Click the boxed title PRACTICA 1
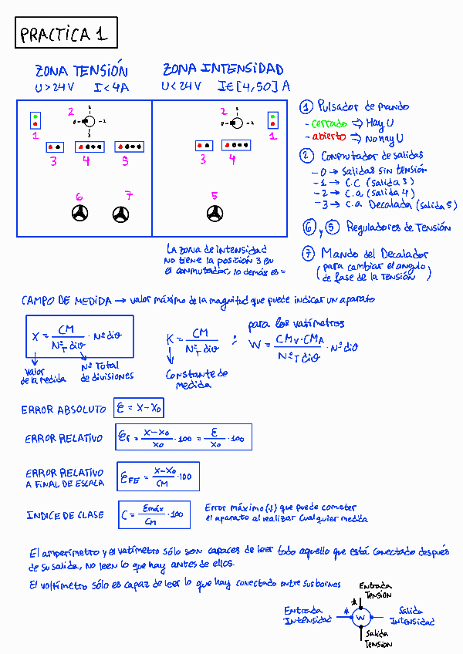[x=65, y=34]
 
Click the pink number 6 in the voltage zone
[x=79, y=197]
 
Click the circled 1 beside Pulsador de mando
[x=306, y=107]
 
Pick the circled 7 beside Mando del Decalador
[x=308, y=253]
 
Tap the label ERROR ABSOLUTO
[x=65, y=410]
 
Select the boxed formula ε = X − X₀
[x=139, y=407]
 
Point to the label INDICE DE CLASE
[x=65, y=515]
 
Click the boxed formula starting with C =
[x=154, y=514]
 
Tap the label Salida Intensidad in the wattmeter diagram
[x=411, y=615]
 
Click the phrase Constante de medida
[x=197, y=379]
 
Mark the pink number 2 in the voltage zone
[x=71, y=112]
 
